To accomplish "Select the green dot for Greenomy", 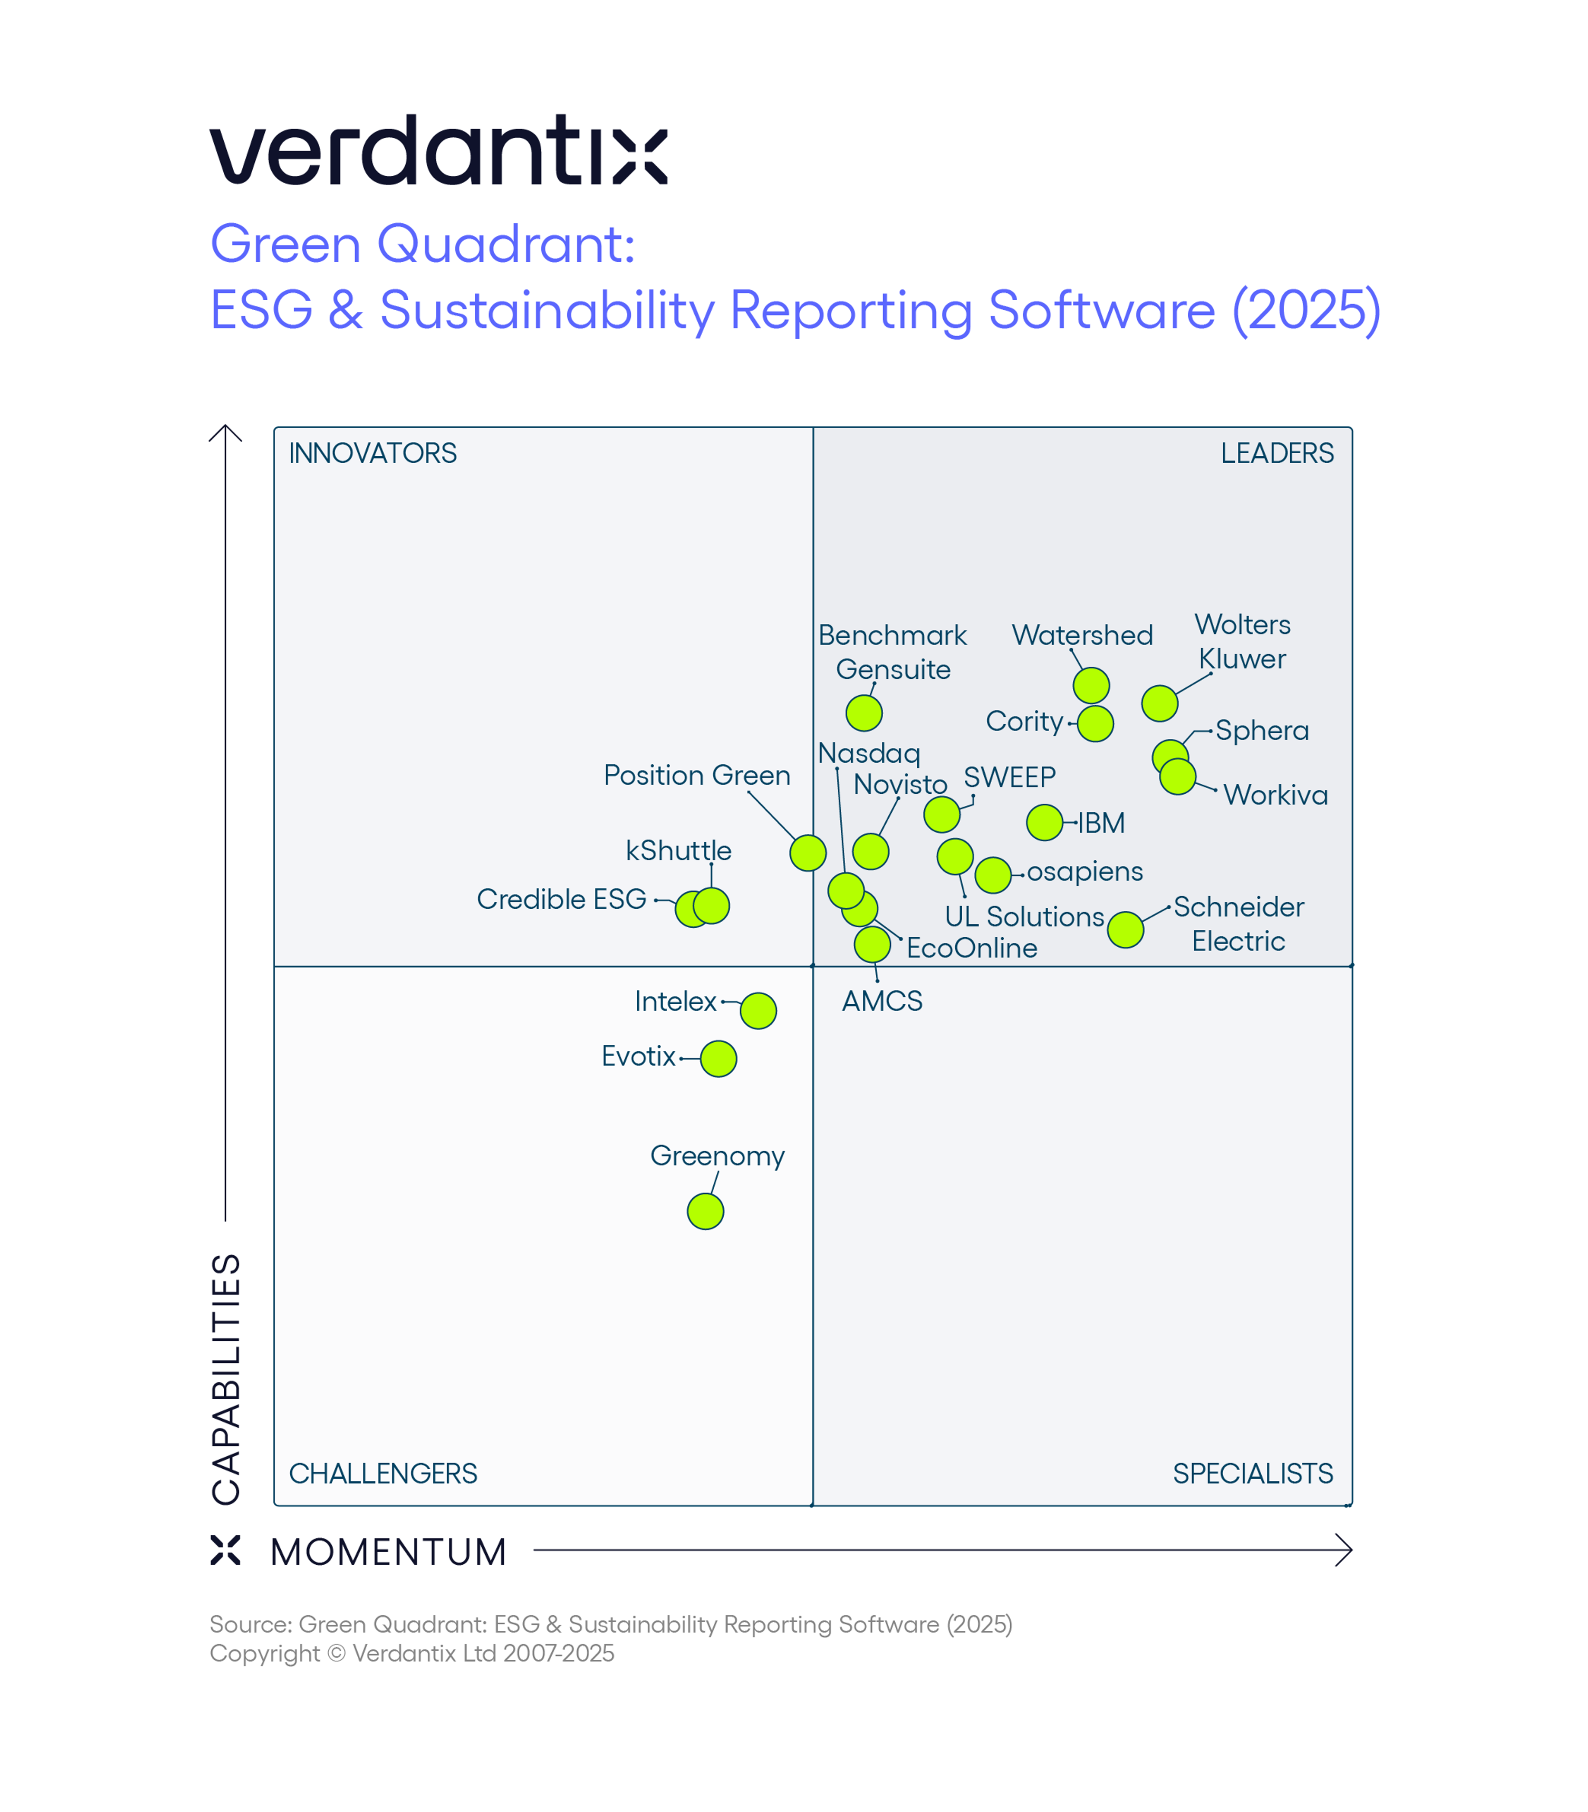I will tap(706, 1211).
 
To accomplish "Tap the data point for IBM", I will tap(1045, 822).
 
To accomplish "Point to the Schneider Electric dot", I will tap(1125, 929).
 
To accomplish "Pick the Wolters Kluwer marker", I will tap(1160, 704).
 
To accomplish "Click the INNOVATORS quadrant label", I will tap(373, 454).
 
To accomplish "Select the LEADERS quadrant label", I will tap(1277, 454).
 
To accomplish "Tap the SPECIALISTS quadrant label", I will tap(1253, 1474).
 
